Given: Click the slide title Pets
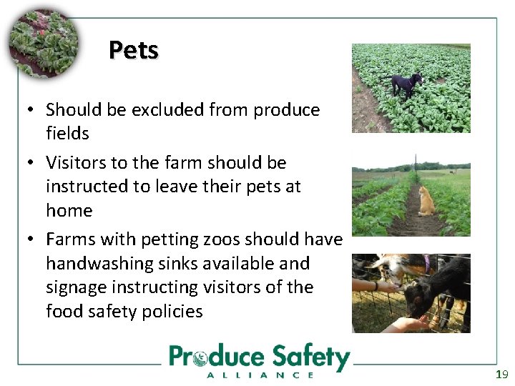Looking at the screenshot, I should pyautogui.click(x=134, y=50).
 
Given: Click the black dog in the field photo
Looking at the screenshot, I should pyautogui.click(x=406, y=84).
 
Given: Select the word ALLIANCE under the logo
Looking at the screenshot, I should pyautogui.click(x=260, y=375).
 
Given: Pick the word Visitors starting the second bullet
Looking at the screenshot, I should pyautogui.click(x=76, y=162).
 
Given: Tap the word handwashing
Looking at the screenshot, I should pyautogui.click(x=94, y=263).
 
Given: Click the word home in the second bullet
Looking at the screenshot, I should pyautogui.click(x=69, y=210).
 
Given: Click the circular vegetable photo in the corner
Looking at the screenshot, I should pyautogui.click(x=42, y=44).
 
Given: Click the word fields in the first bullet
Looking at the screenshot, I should pyautogui.click(x=67, y=133).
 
